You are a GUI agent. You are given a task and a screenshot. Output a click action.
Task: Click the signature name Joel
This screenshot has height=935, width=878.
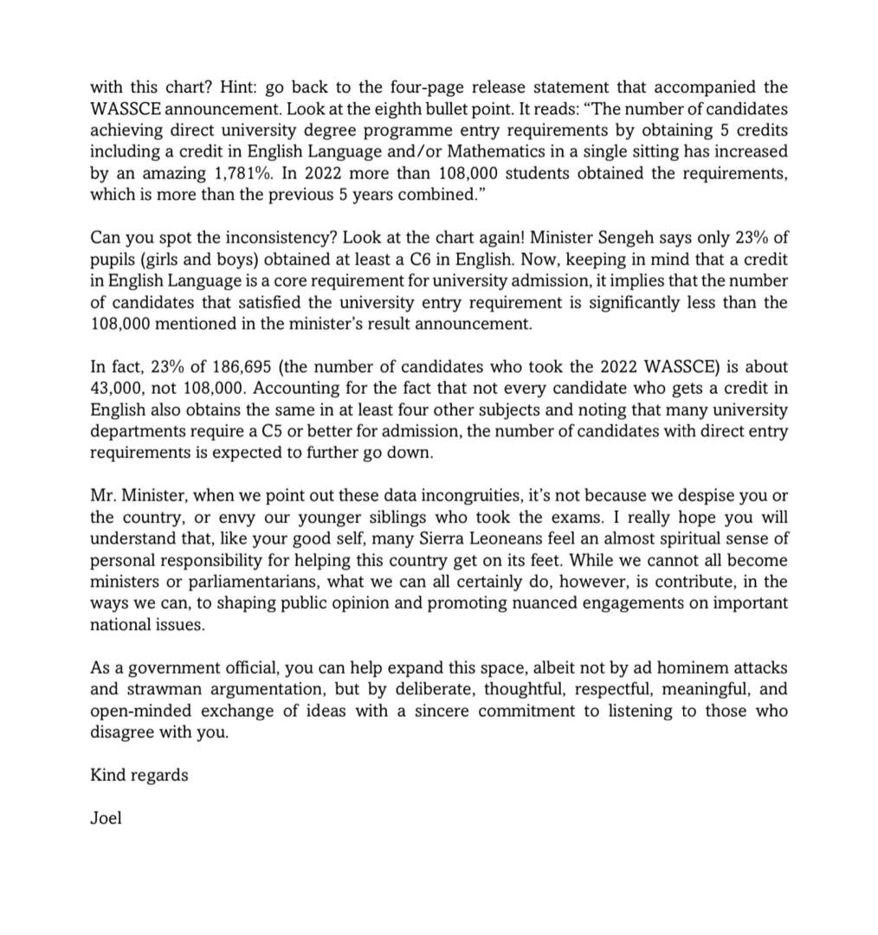click(106, 818)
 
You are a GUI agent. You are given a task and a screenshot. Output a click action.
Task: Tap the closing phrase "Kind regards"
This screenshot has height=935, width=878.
click(139, 775)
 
